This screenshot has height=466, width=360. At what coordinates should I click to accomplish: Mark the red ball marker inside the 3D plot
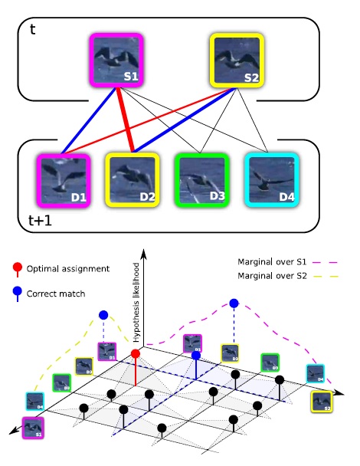coord(136,353)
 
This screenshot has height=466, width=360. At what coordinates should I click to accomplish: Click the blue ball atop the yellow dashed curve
coord(103,315)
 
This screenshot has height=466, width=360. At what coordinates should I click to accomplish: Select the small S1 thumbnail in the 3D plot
coord(32,426)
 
